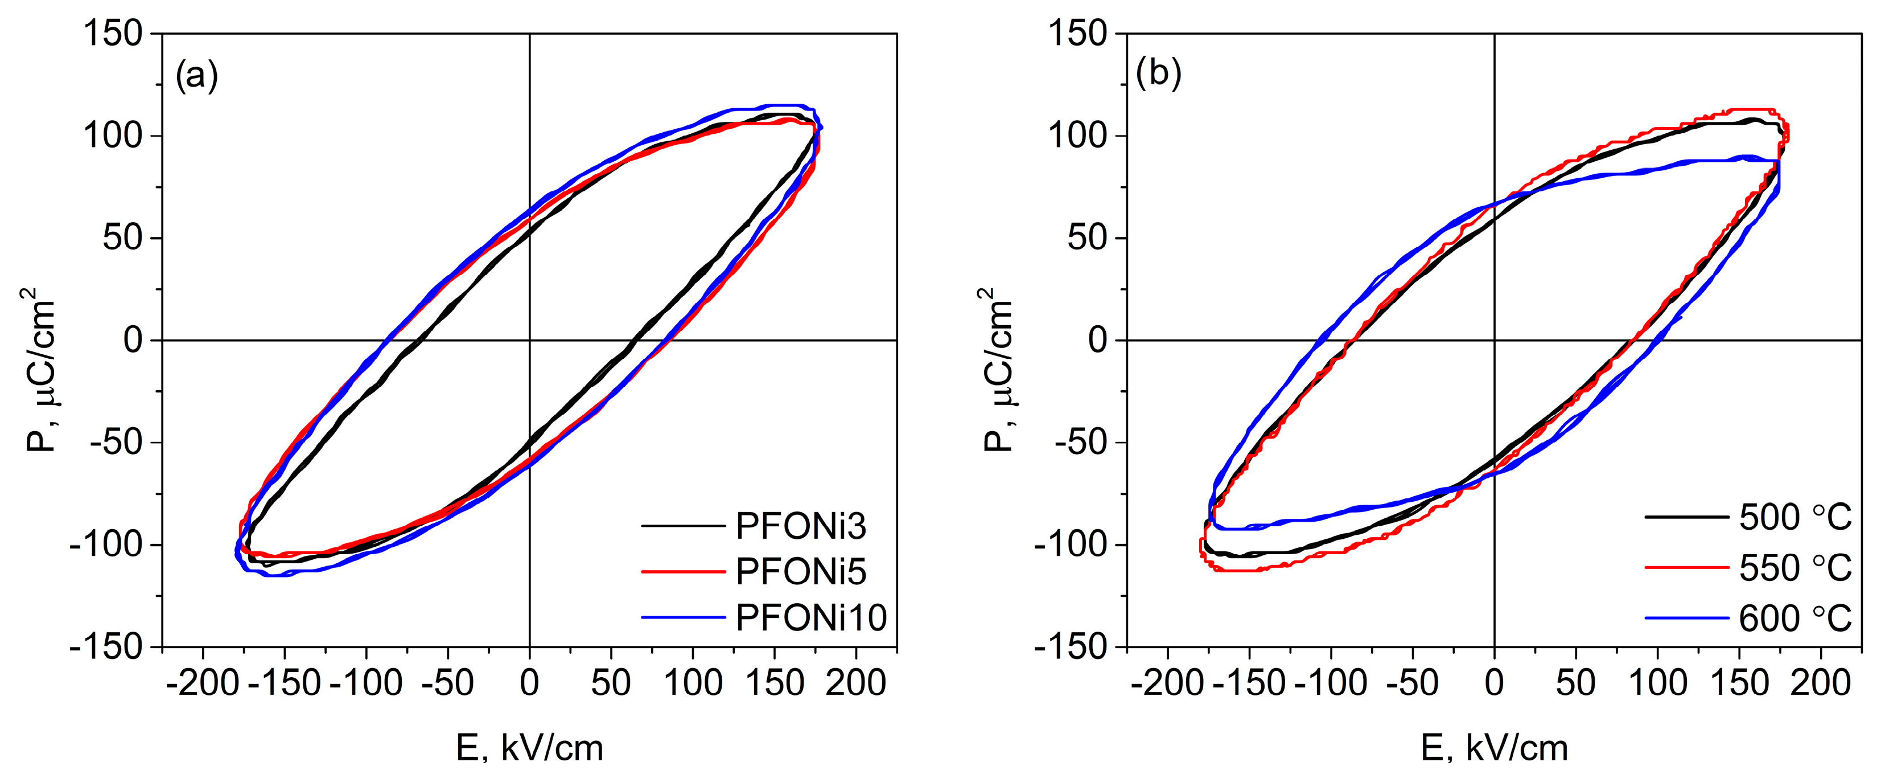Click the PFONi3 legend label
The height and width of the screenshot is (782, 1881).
800,526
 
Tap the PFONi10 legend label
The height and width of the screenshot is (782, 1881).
810,617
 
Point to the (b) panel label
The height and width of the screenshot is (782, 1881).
1159,74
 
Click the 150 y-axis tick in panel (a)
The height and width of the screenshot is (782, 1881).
113,34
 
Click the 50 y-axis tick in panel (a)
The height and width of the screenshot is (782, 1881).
122,238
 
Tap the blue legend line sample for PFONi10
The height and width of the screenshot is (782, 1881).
684,617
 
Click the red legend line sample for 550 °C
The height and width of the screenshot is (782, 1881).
1687,568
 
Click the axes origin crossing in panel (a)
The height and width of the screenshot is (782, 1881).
529,340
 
